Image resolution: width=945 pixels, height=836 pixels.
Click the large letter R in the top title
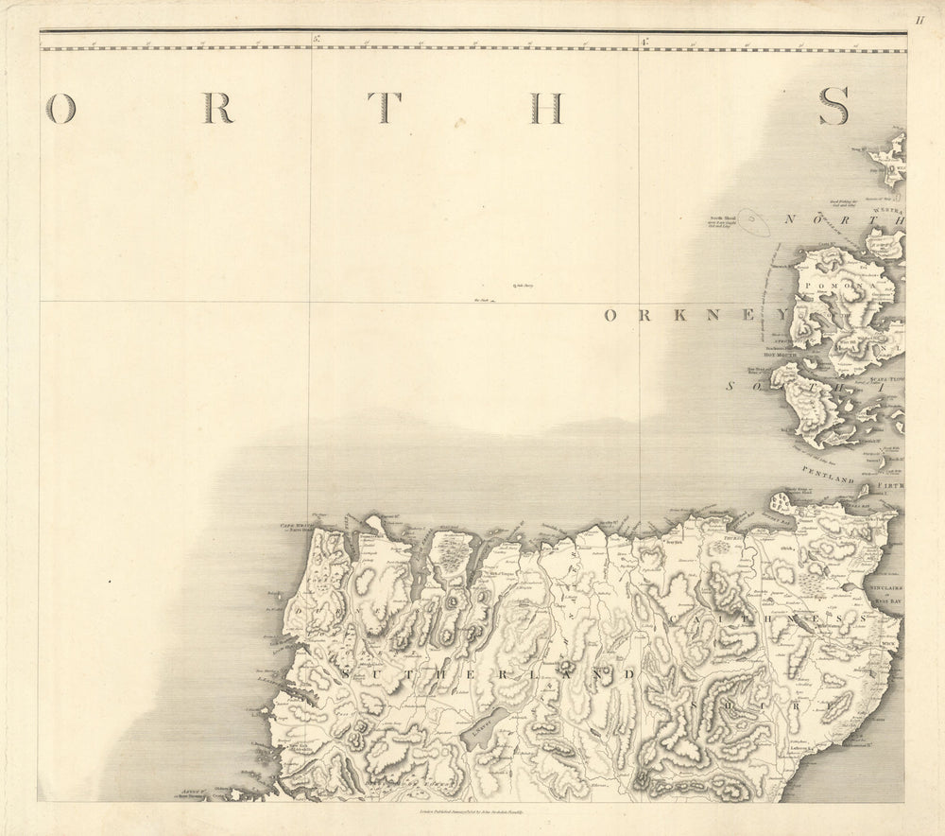click(217, 109)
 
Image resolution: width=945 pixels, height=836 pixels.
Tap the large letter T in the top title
click(384, 109)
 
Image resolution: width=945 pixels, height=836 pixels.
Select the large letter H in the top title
click(546, 109)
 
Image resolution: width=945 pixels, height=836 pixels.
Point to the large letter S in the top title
click(833, 106)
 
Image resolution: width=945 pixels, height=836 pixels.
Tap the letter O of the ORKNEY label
click(611, 316)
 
